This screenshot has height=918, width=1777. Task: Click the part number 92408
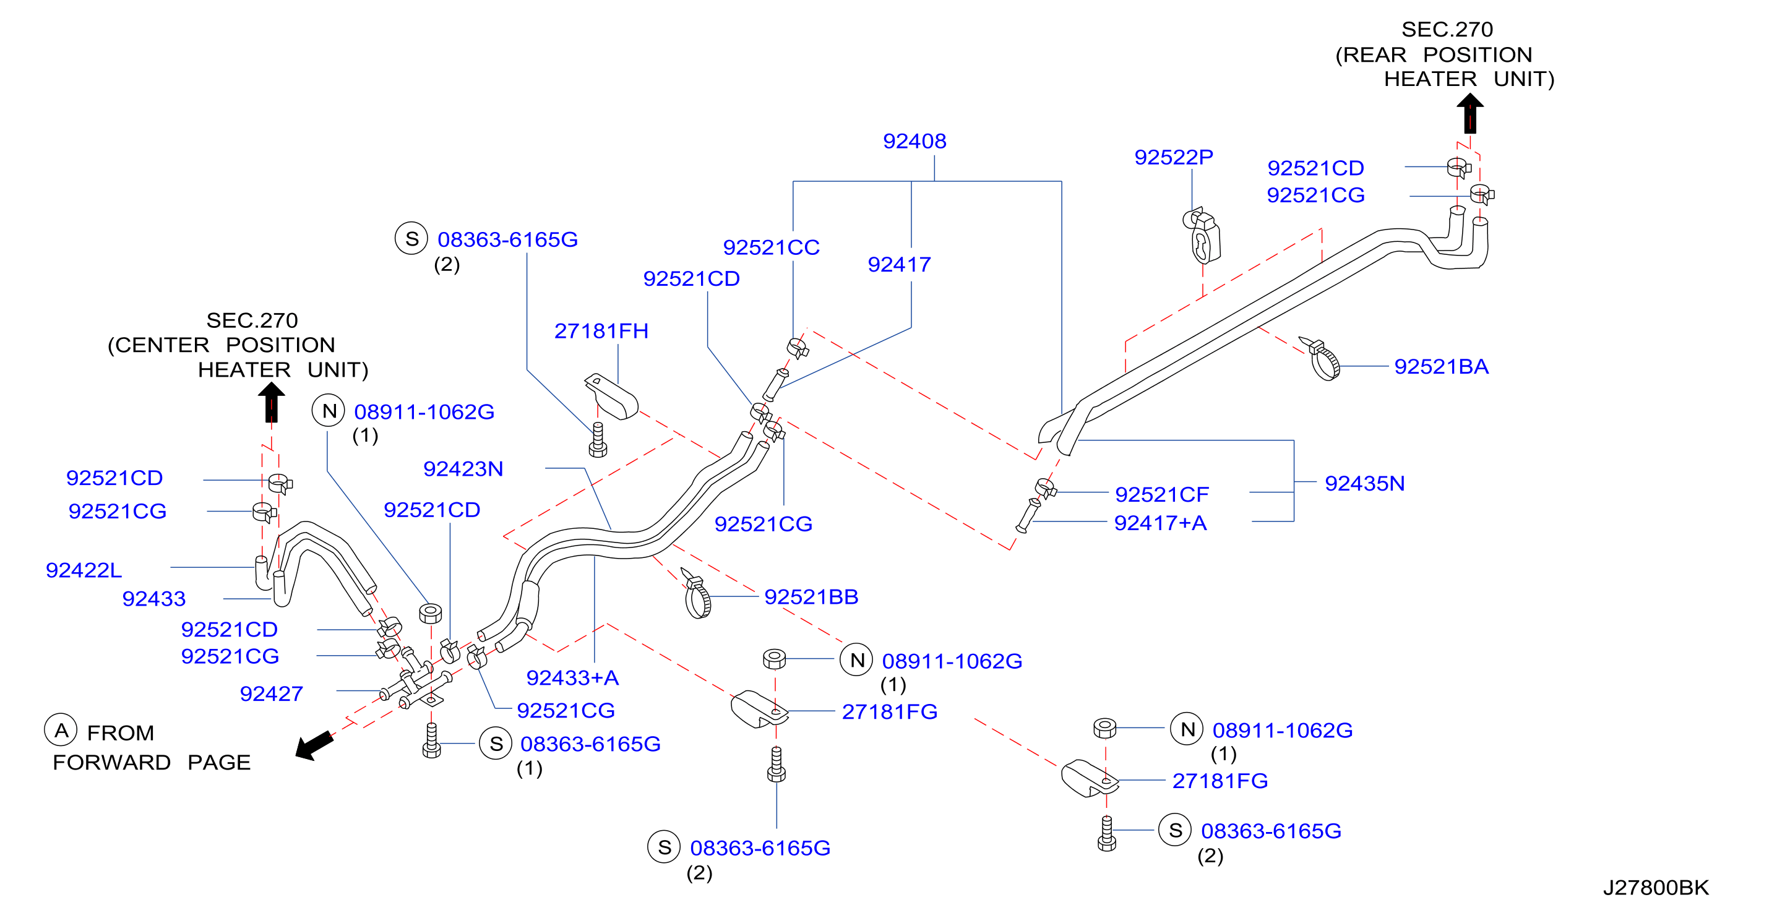(x=914, y=142)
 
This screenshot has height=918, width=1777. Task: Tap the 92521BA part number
(x=1441, y=367)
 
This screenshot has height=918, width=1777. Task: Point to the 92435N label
(x=1364, y=484)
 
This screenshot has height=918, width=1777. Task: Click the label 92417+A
(x=1160, y=523)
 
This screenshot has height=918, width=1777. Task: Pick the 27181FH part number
(x=601, y=331)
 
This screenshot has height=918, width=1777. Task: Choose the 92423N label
(x=463, y=469)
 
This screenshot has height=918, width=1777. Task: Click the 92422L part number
(x=84, y=570)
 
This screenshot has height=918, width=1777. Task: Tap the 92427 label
(x=271, y=694)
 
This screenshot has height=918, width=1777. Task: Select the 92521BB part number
(x=811, y=598)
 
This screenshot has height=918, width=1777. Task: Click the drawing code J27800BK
(x=1656, y=888)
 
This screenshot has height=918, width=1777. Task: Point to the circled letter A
(x=61, y=730)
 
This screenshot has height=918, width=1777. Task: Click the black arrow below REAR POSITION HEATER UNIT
(x=1469, y=113)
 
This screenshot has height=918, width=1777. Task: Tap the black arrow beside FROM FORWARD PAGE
(x=314, y=745)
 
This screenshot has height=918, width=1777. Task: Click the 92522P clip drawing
(x=1202, y=235)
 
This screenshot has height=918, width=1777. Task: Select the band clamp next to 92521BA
(x=1321, y=359)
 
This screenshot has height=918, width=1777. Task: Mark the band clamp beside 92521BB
(x=696, y=594)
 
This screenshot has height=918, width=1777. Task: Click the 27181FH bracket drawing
(x=611, y=396)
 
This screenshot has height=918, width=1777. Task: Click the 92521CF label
(x=1162, y=494)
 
